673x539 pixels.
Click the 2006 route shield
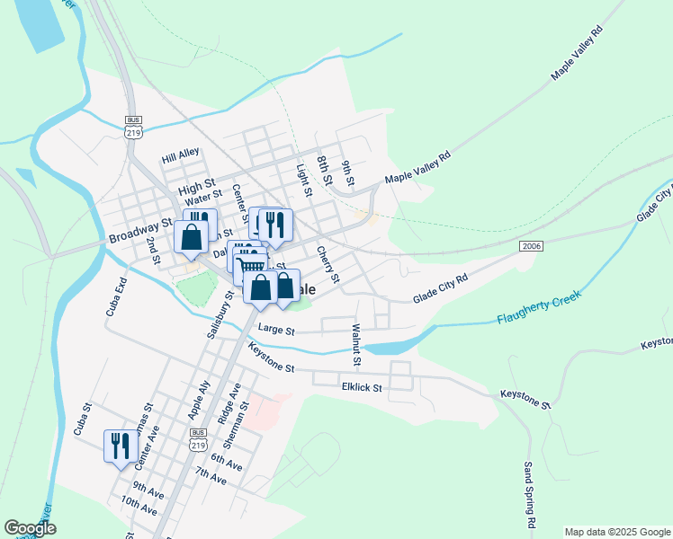click(x=531, y=245)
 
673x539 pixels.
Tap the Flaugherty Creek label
click(x=538, y=307)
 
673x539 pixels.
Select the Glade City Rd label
click(x=441, y=289)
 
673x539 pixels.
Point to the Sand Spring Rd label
click(x=530, y=495)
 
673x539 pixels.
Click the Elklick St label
click(x=362, y=388)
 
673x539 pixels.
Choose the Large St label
click(x=276, y=330)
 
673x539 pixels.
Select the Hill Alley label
click(x=180, y=155)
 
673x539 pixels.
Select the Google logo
click(x=31, y=527)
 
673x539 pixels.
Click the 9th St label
click(x=349, y=171)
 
